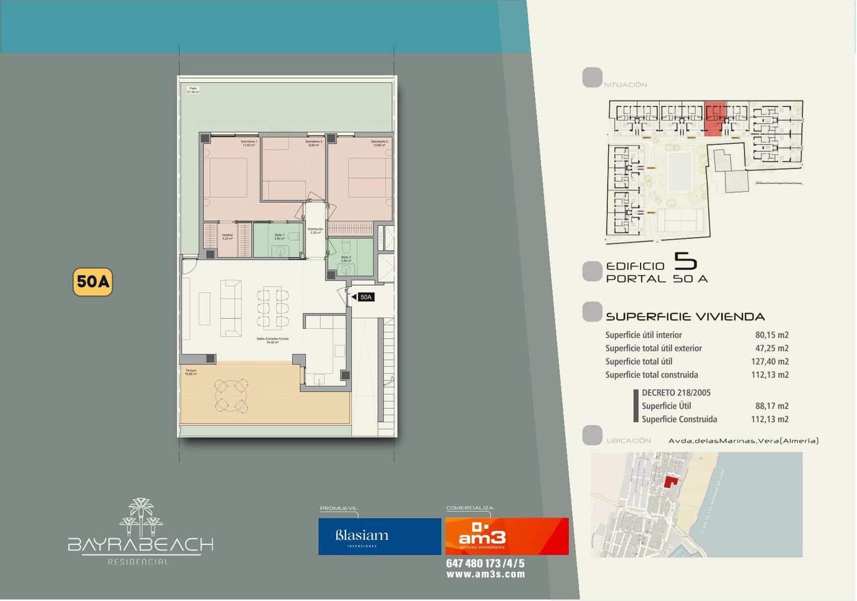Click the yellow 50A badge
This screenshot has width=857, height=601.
[93, 282]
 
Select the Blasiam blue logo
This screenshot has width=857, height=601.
[379, 536]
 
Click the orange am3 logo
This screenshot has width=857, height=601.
[507, 536]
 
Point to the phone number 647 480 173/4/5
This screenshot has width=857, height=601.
[485, 564]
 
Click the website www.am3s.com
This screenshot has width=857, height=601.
[485, 574]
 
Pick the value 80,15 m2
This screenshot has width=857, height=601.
[772, 335]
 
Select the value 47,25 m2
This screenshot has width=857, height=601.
[772, 348]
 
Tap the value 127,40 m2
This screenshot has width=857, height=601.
[770, 362]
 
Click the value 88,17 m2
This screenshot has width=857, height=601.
[772, 406]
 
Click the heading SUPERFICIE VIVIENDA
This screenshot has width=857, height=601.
[685, 317]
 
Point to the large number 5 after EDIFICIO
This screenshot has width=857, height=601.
[685, 261]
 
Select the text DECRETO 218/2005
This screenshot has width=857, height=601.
[676, 393]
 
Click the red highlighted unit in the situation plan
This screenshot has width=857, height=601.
[714, 119]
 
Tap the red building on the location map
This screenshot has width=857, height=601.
[670, 481]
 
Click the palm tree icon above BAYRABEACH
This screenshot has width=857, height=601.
[140, 517]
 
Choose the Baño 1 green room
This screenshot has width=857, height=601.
[279, 240]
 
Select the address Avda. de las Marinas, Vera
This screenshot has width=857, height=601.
[743, 441]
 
